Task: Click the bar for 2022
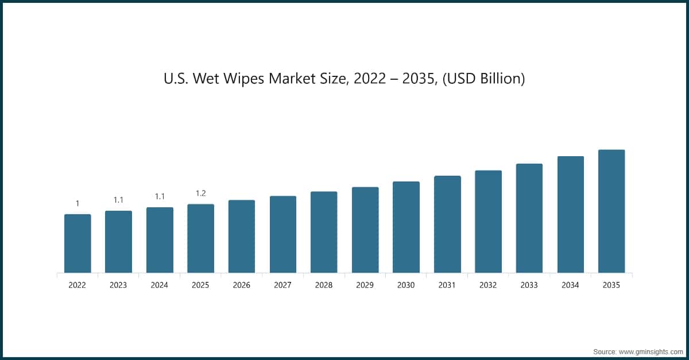pos(78,243)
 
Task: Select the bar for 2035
pos(611,211)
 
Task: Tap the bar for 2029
pos(365,230)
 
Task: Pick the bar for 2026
pos(242,236)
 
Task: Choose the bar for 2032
pos(488,222)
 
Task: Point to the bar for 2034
pos(570,214)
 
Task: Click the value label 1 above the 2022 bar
pos(78,203)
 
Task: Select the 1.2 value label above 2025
pos(201,193)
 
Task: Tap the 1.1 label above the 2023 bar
pos(118,200)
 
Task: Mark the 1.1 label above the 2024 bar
pos(160,196)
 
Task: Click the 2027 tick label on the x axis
pos(283,285)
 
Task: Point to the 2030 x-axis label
pos(406,285)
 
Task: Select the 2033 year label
pos(529,285)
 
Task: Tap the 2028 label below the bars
pos(324,285)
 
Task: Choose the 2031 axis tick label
pos(447,285)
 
